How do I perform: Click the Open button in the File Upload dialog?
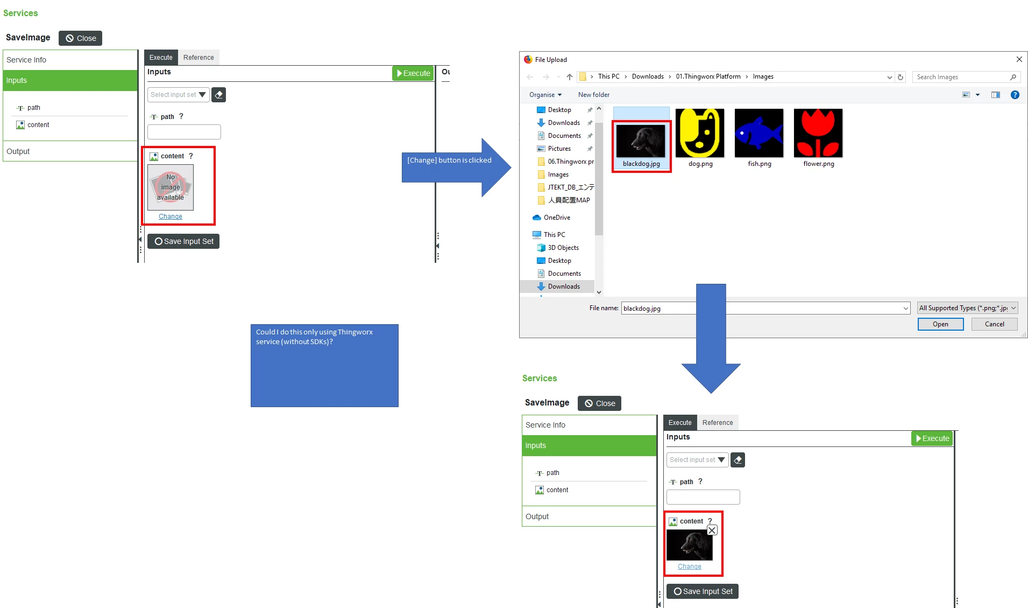940,324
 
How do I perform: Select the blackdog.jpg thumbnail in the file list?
641,142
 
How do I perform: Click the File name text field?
764,308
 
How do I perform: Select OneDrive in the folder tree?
557,218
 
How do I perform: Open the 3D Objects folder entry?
563,248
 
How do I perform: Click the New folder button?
594,95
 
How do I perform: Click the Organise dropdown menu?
545,95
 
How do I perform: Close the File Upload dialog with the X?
1019,59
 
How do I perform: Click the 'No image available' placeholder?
171,187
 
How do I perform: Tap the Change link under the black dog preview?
689,567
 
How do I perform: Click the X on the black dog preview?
712,530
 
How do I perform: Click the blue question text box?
324,365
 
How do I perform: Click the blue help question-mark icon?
1015,95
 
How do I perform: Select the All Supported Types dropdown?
967,308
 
